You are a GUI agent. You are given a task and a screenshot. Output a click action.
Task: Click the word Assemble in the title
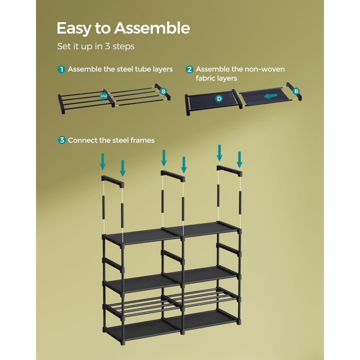pos(152,28)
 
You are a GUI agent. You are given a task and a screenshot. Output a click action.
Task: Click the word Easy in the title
pos(74,29)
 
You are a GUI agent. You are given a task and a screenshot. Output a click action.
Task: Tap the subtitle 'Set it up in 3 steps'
pos(96,46)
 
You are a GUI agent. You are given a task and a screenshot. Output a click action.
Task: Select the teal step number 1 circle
pos(61,69)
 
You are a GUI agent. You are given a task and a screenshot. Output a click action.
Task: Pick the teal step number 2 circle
pos(189,69)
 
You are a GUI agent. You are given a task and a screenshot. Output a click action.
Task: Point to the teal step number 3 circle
pos(62,140)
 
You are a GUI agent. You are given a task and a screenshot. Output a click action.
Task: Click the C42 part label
pos(104,96)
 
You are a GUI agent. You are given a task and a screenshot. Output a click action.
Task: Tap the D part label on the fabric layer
pos(219,99)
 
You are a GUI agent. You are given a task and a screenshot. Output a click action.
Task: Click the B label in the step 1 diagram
pos(163,91)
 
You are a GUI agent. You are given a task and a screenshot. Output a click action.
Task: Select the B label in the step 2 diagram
pos(296,91)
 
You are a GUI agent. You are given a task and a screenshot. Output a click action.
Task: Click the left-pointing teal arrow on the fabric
pos(271,96)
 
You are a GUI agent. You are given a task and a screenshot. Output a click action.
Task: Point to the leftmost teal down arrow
pos(103,162)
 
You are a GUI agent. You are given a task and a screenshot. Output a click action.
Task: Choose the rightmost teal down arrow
pos(239,160)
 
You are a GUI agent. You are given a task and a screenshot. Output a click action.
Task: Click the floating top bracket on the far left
pos(113,181)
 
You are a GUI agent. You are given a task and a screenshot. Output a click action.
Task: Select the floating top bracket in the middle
pos(173,176)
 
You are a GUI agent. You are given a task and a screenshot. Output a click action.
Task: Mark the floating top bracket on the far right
pos(229,171)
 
